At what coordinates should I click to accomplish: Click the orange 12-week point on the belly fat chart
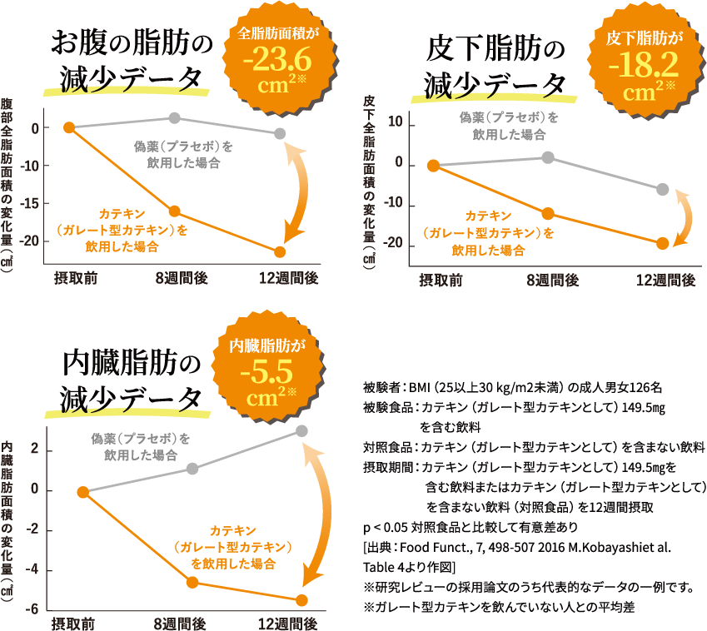(x=280, y=251)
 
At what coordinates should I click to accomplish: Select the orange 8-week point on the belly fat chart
(x=175, y=211)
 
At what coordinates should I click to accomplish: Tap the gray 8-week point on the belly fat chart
(x=175, y=118)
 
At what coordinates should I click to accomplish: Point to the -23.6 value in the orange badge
(x=277, y=61)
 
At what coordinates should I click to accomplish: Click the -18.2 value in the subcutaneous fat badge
(x=641, y=63)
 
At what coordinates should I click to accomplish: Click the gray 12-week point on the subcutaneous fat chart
(x=662, y=189)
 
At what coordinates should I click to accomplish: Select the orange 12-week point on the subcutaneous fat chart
(x=662, y=243)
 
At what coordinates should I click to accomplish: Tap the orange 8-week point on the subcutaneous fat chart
(x=547, y=214)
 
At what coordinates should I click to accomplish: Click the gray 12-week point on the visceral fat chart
(x=301, y=430)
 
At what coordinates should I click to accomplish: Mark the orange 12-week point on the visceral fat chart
(x=301, y=600)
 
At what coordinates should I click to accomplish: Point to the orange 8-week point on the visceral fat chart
(x=192, y=582)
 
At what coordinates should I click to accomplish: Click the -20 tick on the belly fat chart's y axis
(x=30, y=241)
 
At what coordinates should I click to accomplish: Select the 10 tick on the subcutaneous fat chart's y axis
(x=393, y=123)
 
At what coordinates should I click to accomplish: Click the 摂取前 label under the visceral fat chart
(x=73, y=624)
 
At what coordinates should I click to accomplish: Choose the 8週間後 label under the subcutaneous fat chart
(x=552, y=281)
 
